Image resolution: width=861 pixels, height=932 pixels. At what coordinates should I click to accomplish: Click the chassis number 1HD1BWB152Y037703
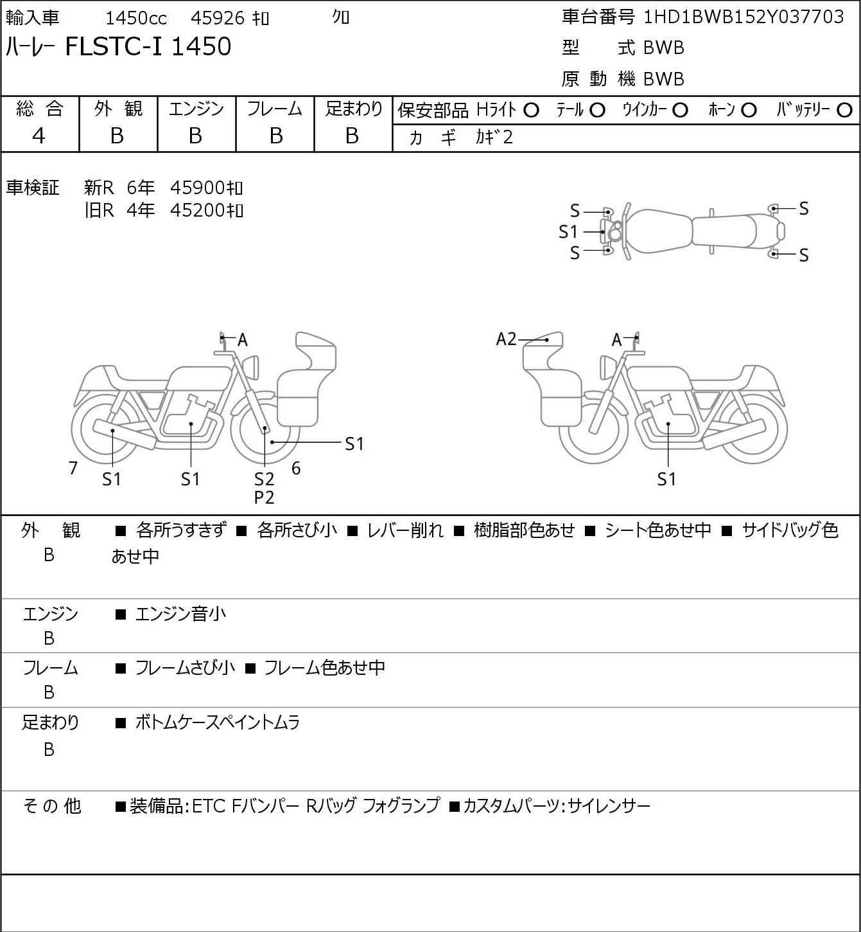(744, 17)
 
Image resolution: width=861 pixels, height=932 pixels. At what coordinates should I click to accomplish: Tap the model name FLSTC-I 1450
(148, 46)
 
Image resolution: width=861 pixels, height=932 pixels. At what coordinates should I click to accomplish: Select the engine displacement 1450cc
(136, 18)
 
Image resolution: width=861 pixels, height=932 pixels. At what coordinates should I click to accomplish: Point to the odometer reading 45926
(218, 18)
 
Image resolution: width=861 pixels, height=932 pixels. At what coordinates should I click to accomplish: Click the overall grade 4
(39, 136)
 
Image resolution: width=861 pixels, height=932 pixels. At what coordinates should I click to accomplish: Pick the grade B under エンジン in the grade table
(196, 136)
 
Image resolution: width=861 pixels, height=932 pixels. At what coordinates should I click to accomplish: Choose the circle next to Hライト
(532, 111)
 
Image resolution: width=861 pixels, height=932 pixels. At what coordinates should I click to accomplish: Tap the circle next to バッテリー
(844, 111)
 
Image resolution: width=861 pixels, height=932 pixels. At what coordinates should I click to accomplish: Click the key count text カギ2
(494, 138)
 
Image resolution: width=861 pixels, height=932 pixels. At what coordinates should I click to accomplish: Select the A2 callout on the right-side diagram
(506, 339)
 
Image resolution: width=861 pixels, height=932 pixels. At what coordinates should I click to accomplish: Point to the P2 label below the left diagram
(264, 497)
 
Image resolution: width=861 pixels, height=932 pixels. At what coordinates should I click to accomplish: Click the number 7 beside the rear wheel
(73, 468)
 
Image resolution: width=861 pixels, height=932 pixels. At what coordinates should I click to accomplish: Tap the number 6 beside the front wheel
(296, 468)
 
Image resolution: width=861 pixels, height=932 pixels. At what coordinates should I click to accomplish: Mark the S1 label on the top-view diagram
(568, 232)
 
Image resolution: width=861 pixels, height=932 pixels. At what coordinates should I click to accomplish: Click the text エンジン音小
(180, 614)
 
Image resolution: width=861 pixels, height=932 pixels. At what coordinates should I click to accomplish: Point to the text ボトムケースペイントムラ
(218, 722)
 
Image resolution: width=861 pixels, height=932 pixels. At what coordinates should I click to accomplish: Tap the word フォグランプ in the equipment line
(401, 805)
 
